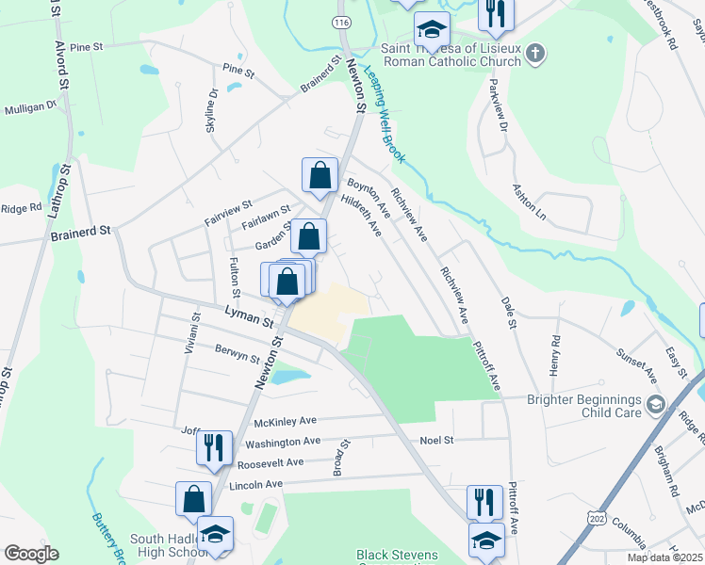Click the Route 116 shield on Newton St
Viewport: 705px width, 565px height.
(339, 21)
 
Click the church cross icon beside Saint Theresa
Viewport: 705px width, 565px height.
(535, 53)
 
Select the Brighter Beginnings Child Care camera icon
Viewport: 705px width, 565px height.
(656, 406)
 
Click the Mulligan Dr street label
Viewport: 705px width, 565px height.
(30, 108)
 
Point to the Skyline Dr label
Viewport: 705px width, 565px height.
(212, 110)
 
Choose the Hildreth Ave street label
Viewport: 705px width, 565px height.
(361, 216)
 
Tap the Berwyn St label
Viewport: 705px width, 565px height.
(237, 355)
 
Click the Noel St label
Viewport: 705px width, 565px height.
(436, 440)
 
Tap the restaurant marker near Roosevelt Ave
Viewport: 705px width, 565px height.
(214, 448)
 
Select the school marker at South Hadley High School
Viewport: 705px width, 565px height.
(215, 534)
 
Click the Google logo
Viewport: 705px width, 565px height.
(30, 554)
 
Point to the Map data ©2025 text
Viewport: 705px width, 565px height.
(664, 557)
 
